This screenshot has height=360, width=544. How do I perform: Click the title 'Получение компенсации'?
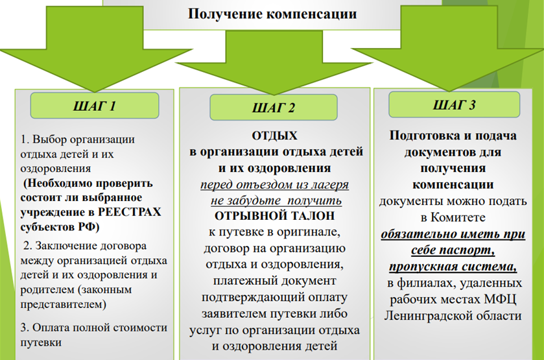point(272,14)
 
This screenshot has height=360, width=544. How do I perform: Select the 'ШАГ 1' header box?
point(95,106)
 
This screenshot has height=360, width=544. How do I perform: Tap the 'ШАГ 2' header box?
point(274,108)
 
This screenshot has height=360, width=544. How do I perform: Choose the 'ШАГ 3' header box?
point(454,105)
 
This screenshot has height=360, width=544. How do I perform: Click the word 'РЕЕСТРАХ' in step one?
point(130,212)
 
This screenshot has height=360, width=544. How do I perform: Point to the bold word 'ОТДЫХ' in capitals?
point(274,136)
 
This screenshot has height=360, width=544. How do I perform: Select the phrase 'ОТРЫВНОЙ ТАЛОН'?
point(274,216)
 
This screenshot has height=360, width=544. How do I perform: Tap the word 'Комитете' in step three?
point(458,217)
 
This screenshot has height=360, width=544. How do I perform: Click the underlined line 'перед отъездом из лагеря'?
point(274,184)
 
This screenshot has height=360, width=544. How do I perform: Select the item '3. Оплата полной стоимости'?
point(93,328)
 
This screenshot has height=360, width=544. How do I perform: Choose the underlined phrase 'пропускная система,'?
point(453,266)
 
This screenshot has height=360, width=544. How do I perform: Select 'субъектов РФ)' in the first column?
point(60,227)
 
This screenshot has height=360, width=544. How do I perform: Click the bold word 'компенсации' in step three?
point(453,185)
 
